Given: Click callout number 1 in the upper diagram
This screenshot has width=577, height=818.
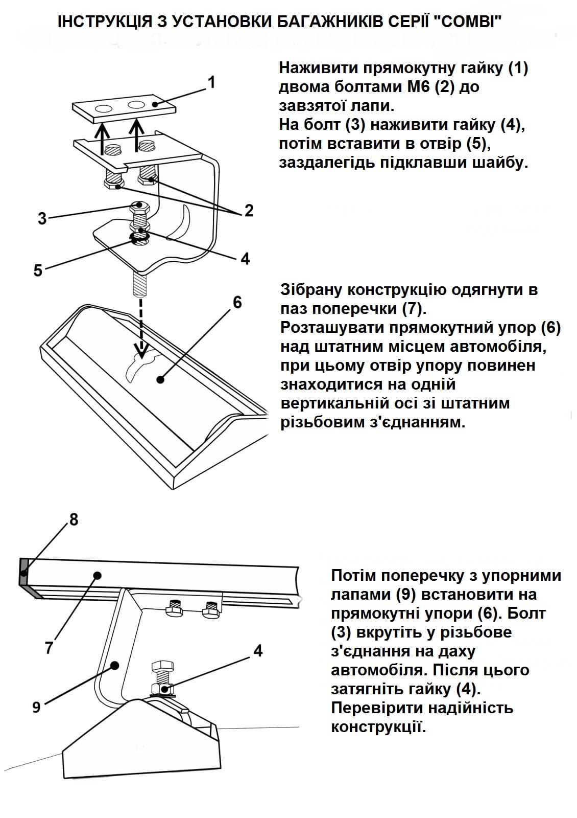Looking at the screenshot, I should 212,83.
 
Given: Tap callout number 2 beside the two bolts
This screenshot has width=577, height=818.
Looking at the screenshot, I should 249,210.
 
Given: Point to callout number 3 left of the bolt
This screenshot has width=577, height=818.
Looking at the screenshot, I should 42,219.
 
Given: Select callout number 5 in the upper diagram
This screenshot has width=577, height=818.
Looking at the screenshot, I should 38,270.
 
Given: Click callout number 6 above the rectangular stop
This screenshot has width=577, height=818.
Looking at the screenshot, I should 237,302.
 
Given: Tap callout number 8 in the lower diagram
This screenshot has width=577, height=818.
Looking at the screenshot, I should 74,519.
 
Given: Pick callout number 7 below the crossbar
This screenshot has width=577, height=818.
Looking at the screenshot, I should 49,647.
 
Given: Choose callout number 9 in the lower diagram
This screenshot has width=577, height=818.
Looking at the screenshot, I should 36,708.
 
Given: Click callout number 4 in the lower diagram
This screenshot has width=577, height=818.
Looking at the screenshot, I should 258,650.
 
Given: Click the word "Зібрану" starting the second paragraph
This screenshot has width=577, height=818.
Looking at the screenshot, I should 311,290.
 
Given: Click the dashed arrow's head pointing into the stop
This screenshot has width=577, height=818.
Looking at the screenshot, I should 142,352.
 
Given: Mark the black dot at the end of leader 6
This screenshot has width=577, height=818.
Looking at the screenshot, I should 160,379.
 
